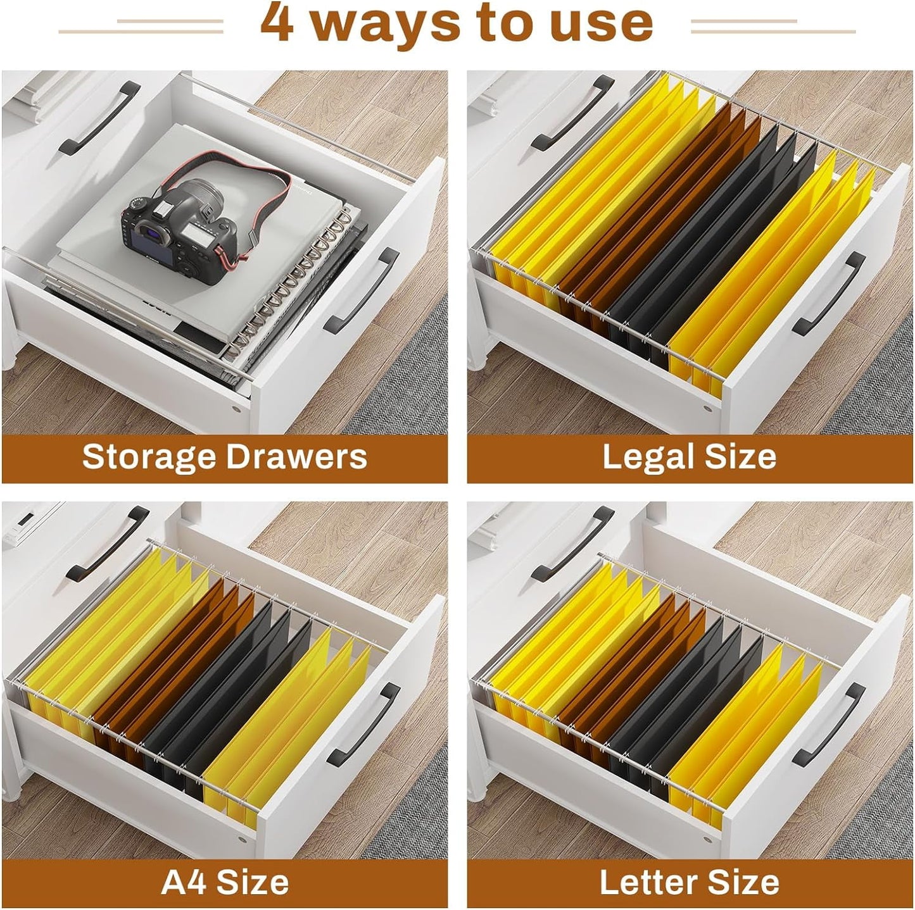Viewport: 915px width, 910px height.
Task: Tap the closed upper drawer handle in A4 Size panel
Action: coord(107,544)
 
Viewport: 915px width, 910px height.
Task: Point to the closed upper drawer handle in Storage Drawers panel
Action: coord(99,118)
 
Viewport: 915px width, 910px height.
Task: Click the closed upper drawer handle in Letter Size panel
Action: coord(572,544)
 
